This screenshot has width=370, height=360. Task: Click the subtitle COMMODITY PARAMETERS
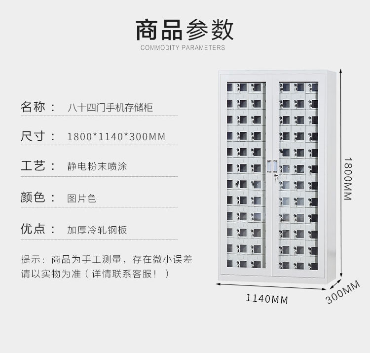click(183, 48)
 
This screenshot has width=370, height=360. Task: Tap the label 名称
click(34, 107)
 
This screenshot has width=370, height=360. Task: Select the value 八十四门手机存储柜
click(110, 107)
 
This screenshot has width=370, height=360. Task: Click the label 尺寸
click(34, 136)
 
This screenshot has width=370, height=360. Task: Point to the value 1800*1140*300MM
click(116, 136)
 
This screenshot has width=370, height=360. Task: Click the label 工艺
click(34, 165)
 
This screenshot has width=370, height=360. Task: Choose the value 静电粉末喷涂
click(97, 166)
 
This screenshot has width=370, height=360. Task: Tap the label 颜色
click(34, 198)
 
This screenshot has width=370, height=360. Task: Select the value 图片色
click(82, 198)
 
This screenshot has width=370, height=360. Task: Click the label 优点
click(34, 229)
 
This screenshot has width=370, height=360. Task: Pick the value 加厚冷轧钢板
click(97, 230)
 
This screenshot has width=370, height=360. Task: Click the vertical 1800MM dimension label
click(348, 178)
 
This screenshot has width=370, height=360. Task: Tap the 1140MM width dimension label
click(266, 299)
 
